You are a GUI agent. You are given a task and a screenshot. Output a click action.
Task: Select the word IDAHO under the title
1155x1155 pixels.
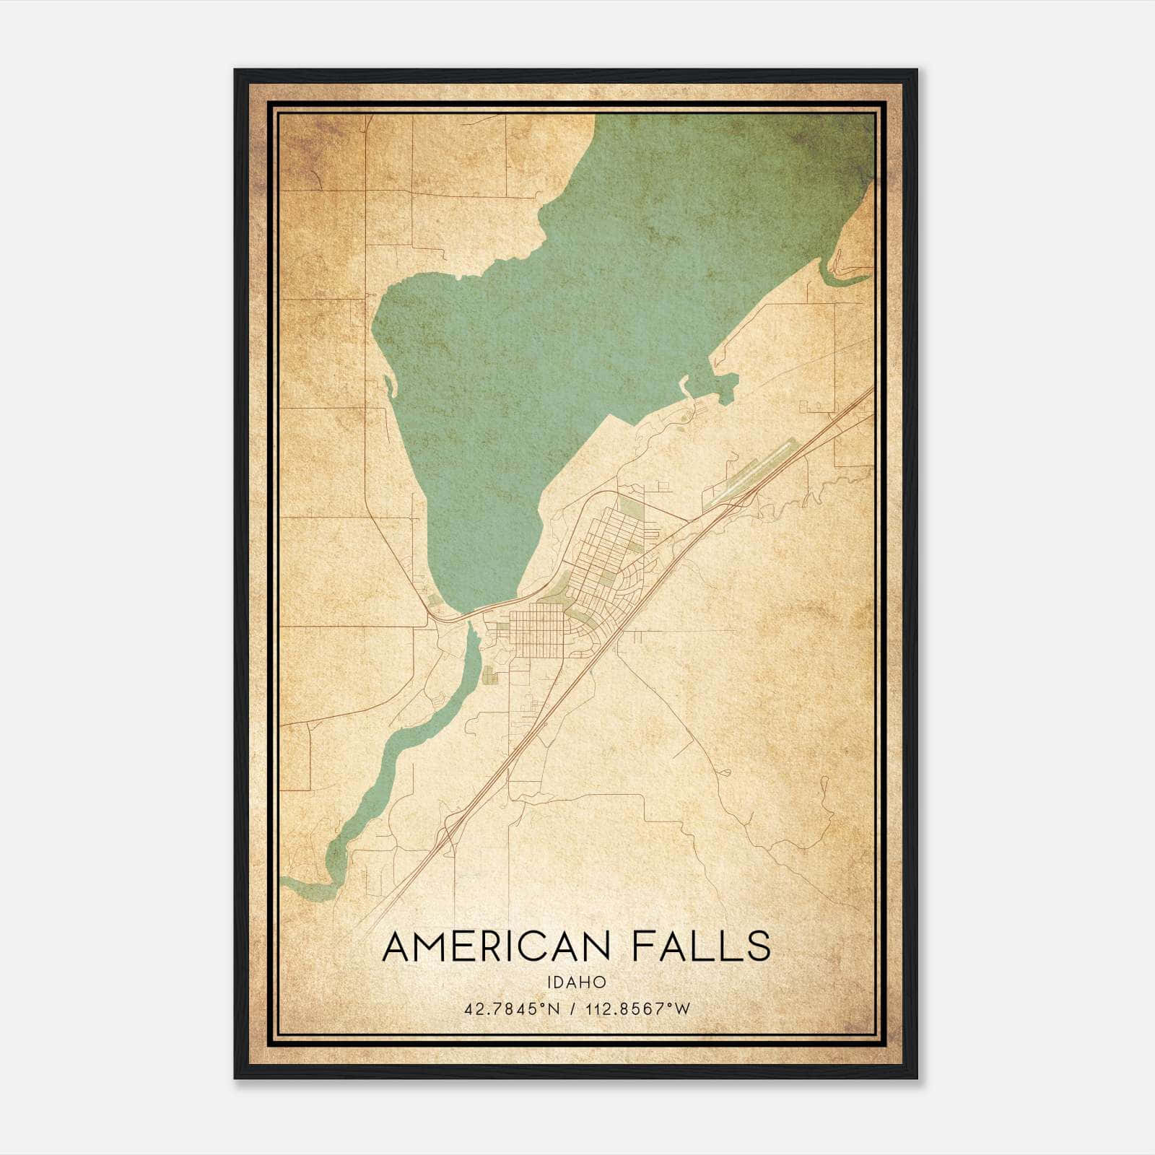tap(576, 982)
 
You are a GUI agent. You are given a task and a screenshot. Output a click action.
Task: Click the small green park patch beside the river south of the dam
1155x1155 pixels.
tap(490, 675)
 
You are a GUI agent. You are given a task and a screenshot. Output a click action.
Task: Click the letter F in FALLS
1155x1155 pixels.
tap(643, 946)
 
